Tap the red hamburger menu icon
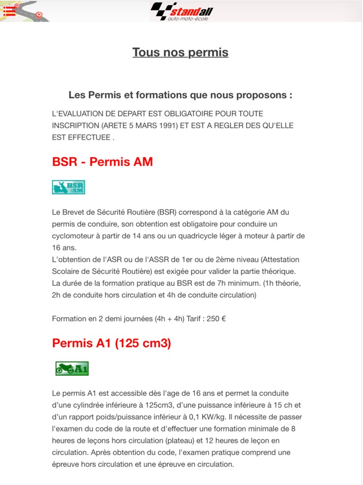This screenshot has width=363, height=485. click(10, 10)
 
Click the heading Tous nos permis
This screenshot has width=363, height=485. click(180, 52)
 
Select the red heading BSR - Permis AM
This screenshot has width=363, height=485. click(103, 161)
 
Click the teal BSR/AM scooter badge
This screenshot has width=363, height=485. click(68, 187)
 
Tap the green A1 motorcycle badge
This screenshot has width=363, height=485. click(72, 369)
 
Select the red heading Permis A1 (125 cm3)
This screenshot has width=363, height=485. click(111, 343)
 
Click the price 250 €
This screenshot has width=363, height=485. click(216, 319)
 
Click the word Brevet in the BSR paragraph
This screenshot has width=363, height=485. click(76, 212)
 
